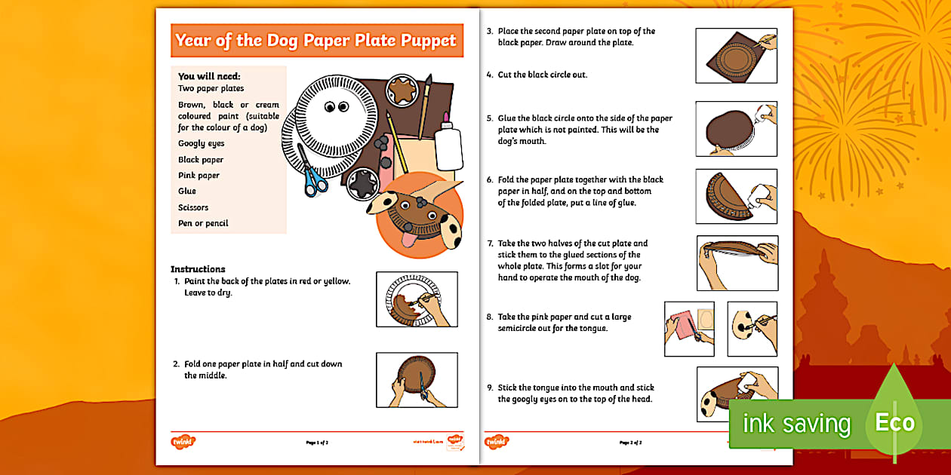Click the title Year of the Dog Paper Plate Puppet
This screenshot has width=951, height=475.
316,40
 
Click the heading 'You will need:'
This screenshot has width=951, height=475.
209,76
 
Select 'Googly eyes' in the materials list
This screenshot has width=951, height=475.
201,143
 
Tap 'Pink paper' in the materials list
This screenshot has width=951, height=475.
199,175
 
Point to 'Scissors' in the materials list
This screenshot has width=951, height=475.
193,207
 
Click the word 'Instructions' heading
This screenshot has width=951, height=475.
198,269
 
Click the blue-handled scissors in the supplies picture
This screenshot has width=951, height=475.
312,173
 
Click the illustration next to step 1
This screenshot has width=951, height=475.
417,299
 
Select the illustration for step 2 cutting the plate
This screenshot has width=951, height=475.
417,379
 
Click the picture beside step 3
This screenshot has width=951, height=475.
736,56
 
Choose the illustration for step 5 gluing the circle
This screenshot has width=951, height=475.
736,129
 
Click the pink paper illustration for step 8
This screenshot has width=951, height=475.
689,329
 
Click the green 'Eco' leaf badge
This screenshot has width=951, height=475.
894,419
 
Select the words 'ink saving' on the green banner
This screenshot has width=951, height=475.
796,424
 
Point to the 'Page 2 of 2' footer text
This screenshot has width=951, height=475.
630,443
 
